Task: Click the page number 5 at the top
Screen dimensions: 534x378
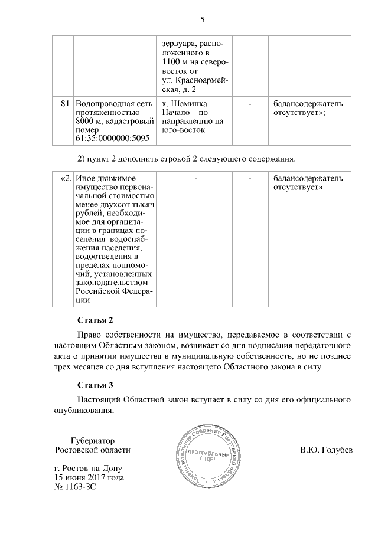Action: point(202,20)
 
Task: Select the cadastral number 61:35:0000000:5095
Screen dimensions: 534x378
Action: point(112,139)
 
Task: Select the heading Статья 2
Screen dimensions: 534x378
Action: point(95,320)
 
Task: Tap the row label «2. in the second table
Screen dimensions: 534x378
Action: point(66,178)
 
